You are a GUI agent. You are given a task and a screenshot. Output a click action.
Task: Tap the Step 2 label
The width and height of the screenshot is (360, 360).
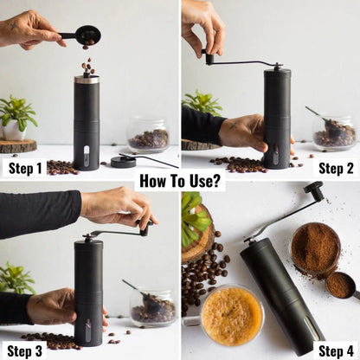click(335, 168)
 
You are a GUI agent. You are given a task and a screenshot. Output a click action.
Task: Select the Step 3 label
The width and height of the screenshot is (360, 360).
click(24, 350)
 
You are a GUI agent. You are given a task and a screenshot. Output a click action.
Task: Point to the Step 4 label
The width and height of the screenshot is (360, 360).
click(335, 350)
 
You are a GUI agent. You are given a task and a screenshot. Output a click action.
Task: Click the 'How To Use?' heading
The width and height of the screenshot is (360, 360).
click(179, 181)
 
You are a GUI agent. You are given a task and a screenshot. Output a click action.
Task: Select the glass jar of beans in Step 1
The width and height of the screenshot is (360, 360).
click(148, 135)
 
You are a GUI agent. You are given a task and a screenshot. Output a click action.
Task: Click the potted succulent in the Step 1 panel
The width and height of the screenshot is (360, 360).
click(17, 117)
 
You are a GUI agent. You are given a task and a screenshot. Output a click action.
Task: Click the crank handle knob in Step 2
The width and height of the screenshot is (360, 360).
click(209, 59)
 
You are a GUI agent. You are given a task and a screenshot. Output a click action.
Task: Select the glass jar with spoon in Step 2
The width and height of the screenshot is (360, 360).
click(333, 132)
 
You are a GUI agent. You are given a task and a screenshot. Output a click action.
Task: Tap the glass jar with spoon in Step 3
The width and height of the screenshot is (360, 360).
click(151, 307)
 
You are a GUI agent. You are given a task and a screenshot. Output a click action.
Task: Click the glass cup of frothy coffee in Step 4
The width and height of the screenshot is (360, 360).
click(231, 316)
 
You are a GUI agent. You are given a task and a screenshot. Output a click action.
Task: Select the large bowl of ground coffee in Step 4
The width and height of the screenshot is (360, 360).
click(314, 248)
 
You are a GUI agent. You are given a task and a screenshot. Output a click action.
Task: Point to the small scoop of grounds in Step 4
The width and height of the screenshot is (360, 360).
click(340, 285)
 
